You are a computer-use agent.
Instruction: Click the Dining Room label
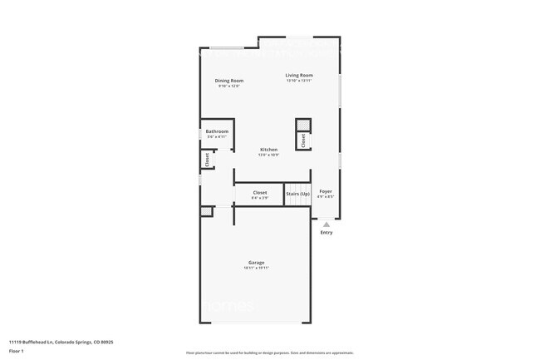click(229, 81)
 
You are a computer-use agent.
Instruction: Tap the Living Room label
click(298, 75)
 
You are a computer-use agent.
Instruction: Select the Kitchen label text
click(268, 150)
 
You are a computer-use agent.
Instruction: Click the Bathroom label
click(217, 131)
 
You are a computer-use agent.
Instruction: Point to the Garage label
click(256, 262)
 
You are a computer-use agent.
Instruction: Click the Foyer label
click(326, 192)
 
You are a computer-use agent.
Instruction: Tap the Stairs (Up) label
click(297, 194)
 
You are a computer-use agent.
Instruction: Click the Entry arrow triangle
click(326, 224)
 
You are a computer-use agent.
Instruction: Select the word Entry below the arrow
click(326, 232)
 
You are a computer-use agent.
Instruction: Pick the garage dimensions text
click(256, 268)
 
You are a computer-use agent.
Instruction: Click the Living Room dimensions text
click(298, 81)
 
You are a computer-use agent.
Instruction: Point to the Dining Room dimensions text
click(229, 86)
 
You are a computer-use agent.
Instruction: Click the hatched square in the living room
click(303, 126)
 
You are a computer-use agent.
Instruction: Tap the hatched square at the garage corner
click(206, 212)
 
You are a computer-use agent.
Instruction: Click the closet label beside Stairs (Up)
click(259, 193)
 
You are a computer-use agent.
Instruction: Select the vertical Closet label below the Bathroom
click(205, 158)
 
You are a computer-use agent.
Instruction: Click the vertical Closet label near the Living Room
click(303, 142)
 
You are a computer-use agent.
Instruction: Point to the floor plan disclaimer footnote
click(269, 353)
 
